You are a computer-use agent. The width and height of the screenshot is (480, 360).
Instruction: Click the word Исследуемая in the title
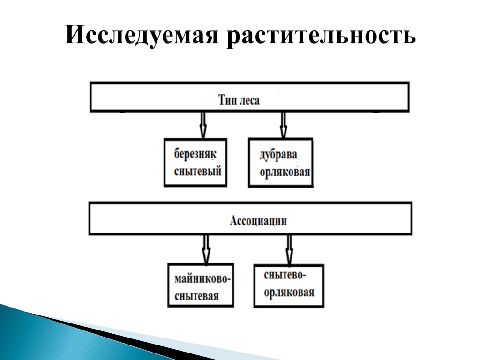142,35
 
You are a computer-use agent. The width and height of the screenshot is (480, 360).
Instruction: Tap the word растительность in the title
321,36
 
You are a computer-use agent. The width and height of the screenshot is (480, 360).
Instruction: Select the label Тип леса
239,100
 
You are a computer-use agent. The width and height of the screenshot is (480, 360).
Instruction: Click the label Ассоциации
258,220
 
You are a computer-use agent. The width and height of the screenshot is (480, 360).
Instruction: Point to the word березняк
195,153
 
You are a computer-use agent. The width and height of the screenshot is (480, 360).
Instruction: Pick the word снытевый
198,171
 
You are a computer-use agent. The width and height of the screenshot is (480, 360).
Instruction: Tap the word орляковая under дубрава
285,172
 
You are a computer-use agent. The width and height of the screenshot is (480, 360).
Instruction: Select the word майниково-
202,279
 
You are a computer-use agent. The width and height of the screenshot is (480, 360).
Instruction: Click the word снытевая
196,296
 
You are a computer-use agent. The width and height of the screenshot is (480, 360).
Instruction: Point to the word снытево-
285,275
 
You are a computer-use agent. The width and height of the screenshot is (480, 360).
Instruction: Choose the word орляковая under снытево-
289,292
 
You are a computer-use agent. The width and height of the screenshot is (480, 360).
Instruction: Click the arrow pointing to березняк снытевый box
203,125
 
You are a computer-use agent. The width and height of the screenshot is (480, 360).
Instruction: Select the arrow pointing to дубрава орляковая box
284,125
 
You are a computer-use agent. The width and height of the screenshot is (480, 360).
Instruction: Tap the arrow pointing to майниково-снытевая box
206,249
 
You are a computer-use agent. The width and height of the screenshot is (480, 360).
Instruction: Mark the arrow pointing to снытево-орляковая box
289,250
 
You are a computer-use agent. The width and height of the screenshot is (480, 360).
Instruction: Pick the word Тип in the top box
225,100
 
